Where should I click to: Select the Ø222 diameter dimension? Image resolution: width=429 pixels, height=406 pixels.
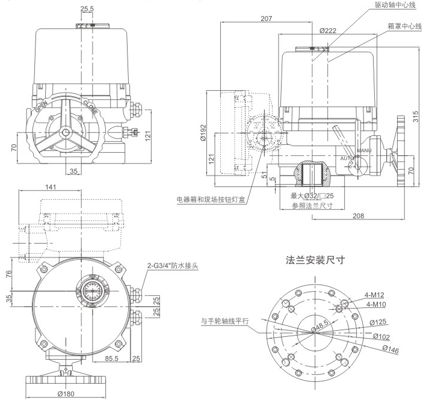tap(327, 30)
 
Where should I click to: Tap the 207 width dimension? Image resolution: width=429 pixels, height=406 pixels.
tap(267, 19)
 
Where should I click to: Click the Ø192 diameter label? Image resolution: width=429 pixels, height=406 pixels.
tap(204, 133)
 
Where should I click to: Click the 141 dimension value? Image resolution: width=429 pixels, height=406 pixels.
tap(52, 187)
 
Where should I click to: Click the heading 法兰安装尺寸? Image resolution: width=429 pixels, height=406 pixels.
tap(318, 260)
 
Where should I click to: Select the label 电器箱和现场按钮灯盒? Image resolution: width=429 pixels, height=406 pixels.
tap(211, 199)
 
